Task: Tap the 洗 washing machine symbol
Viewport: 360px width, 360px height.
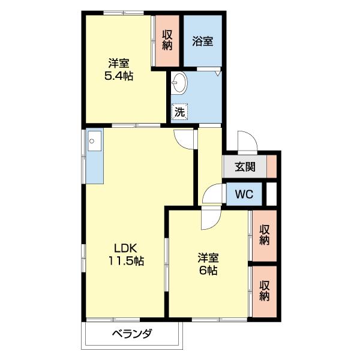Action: [179, 111]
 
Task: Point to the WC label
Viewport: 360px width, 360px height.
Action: [244, 194]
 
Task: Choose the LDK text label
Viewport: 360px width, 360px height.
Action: [126, 248]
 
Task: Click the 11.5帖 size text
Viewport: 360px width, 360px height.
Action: [126, 261]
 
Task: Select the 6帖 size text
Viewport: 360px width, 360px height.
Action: [209, 271]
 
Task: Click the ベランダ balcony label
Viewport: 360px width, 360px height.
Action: [131, 334]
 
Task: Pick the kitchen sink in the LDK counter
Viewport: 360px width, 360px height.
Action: [94, 143]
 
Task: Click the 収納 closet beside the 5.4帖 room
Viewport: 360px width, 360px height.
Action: [167, 40]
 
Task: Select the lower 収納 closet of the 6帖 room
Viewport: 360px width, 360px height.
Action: [265, 291]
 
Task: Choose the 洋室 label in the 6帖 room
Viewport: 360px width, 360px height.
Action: [209, 258]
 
